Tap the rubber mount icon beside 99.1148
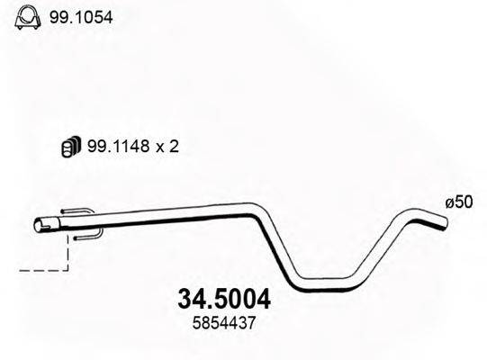click(x=68, y=147)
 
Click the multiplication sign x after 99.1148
click(x=160, y=148)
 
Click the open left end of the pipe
click(x=40, y=226)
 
